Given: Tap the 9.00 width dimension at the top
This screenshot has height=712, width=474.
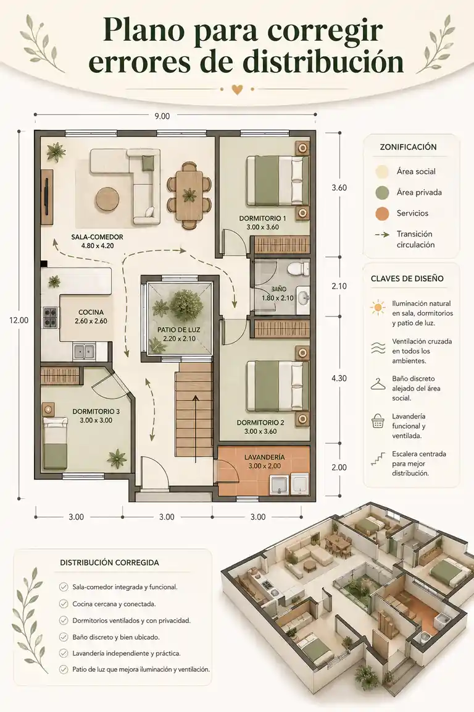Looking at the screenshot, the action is pos(162,116).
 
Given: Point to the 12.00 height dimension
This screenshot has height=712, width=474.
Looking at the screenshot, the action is pos(19,320).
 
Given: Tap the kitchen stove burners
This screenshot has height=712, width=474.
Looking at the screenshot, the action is pos(50,318).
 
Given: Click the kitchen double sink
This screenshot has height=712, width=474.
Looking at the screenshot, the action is pos(84,352).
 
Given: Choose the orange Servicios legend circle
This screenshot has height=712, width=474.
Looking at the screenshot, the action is pos(383,213).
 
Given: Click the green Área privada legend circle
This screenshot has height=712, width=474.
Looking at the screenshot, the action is pos(383,193).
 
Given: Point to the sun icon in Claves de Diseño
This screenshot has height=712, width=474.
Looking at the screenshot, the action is pos(377,307).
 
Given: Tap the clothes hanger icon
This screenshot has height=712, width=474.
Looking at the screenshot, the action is pos(378,384).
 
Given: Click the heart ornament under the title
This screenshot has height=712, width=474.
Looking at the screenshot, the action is pos(237,90).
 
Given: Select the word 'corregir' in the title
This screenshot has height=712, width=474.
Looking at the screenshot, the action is pos(325,31).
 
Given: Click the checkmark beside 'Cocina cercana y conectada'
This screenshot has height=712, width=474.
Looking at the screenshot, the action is pos(64,604).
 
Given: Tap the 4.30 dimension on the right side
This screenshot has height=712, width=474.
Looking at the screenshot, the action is pos(339,378).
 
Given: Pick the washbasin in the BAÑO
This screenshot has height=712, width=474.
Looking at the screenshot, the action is pos(303,299).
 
